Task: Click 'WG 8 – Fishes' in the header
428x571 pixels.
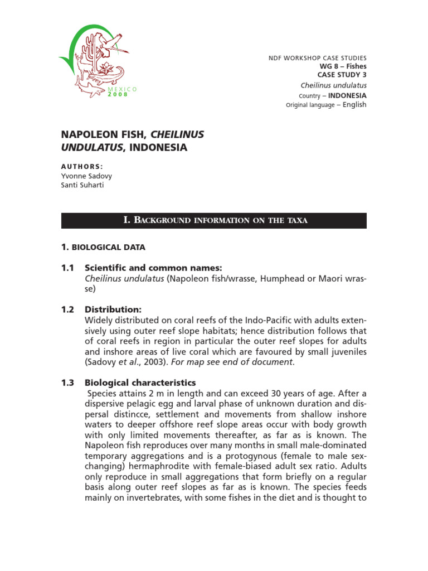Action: [x=343, y=66]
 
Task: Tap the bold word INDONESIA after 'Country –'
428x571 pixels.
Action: [x=347, y=95]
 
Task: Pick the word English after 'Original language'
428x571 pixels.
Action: [x=354, y=105]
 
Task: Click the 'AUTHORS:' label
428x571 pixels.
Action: [x=82, y=167]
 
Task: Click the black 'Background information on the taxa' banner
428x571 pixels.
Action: [x=214, y=220]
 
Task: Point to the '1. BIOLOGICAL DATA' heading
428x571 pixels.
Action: [x=103, y=246]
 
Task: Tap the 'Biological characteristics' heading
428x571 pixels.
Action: [x=140, y=383]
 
